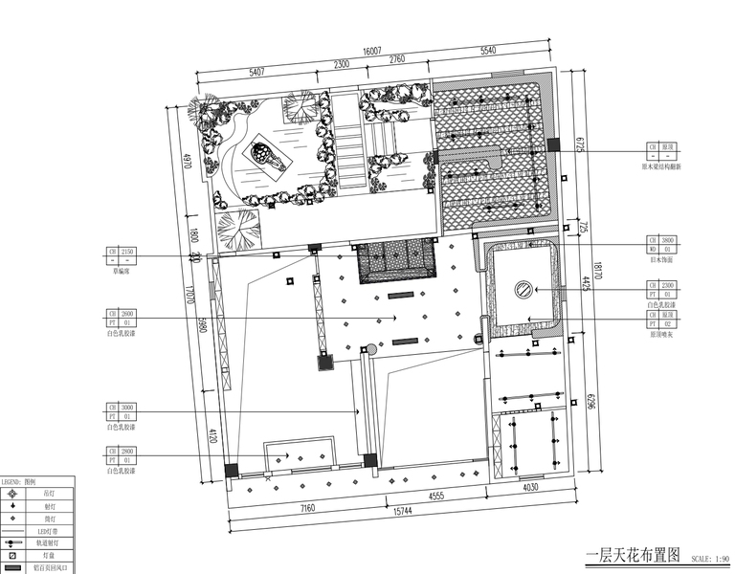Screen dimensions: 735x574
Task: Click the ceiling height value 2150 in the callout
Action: click(x=129, y=252)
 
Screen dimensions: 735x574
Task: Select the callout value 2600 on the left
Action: click(x=129, y=313)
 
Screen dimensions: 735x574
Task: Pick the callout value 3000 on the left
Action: click(x=129, y=407)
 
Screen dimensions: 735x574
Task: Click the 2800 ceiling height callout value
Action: click(x=129, y=451)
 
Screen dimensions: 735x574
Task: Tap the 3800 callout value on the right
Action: click(x=669, y=240)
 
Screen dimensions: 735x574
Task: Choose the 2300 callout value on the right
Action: click(x=669, y=285)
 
